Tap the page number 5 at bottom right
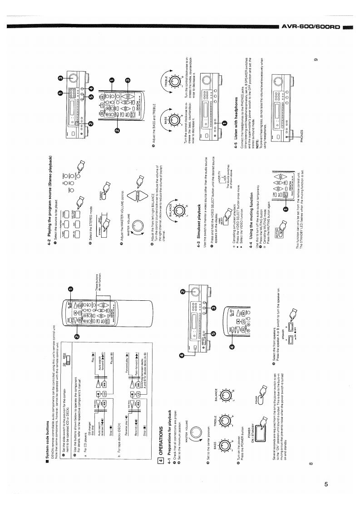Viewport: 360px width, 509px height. click(326, 487)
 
